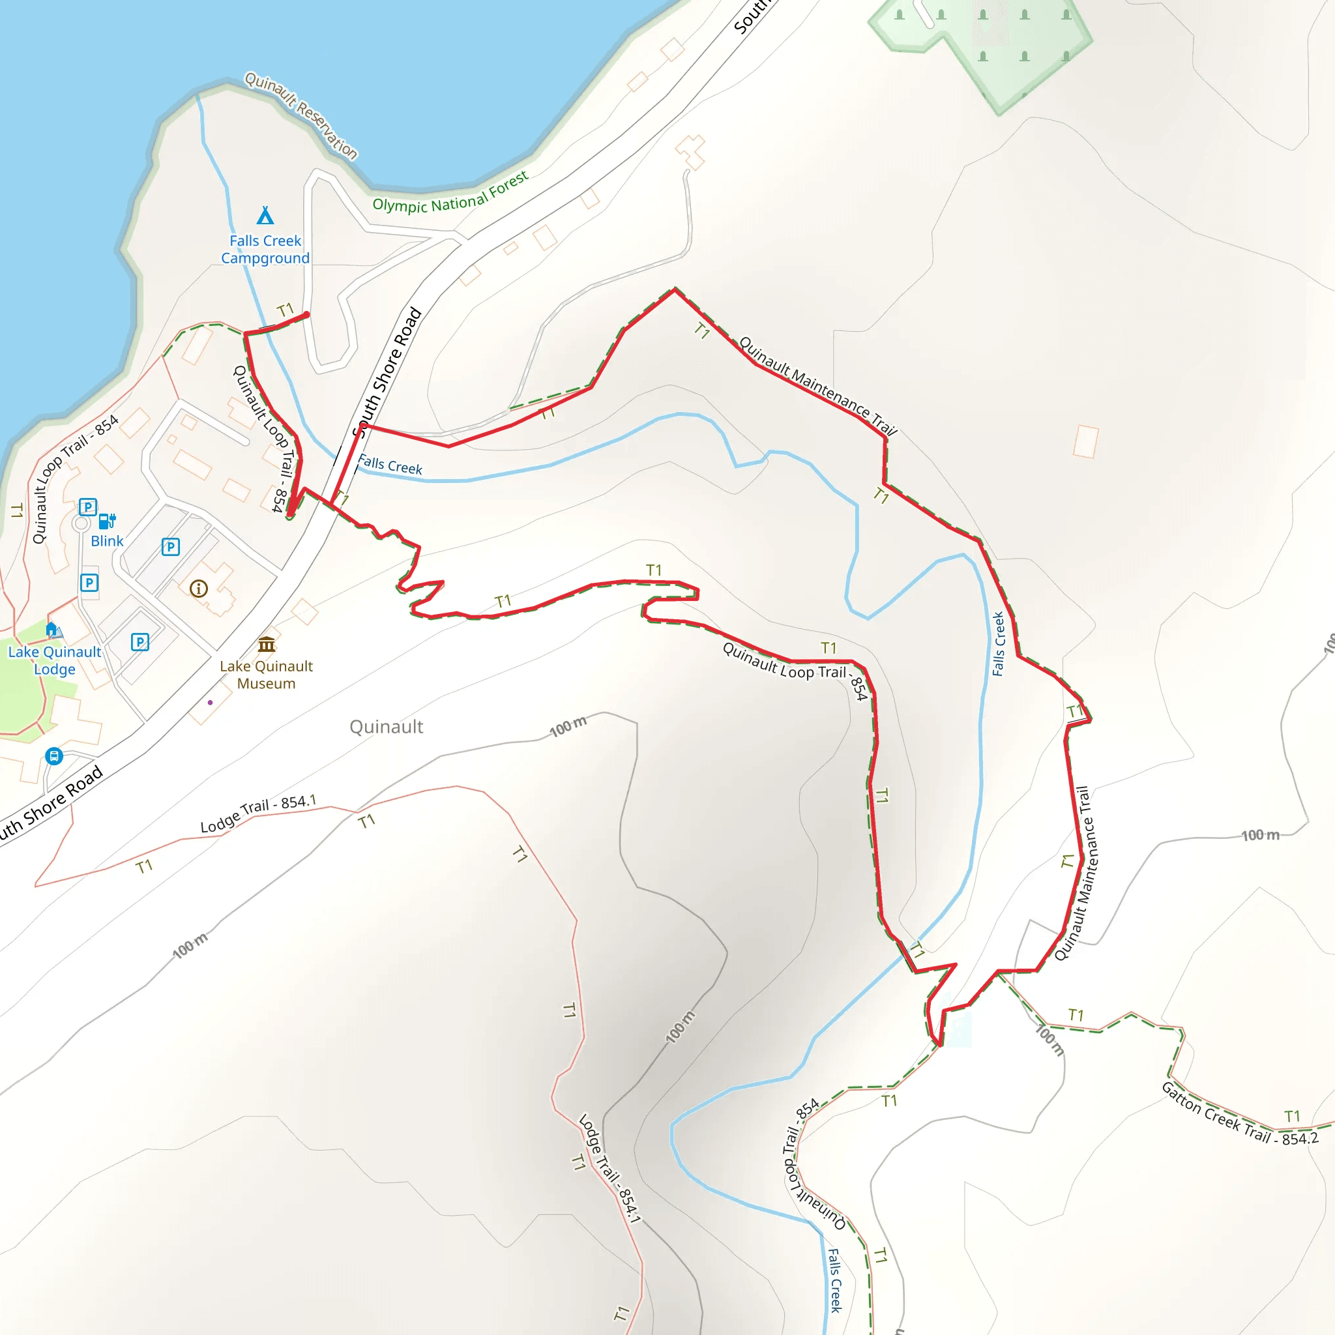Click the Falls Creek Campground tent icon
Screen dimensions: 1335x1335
pos(265,216)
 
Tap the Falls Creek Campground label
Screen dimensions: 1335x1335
pos(265,250)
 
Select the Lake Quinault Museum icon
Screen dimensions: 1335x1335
pos(267,645)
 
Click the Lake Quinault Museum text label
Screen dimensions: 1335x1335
pos(266,675)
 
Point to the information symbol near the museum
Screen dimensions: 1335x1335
pos(198,589)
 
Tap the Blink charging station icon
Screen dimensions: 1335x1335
pos(107,520)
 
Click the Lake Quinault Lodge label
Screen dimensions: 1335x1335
pos(55,660)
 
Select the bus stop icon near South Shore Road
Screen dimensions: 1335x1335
pos(54,756)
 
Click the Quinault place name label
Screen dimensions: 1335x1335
pos(387,727)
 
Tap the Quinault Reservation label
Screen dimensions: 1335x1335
pos(301,115)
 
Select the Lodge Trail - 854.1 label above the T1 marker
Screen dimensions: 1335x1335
pos(257,814)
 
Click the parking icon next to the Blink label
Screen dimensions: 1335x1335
pos(88,507)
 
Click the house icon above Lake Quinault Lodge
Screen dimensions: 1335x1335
pos(51,629)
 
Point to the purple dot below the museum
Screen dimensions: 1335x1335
pos(210,703)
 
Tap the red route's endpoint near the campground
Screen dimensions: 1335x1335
pos(307,315)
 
